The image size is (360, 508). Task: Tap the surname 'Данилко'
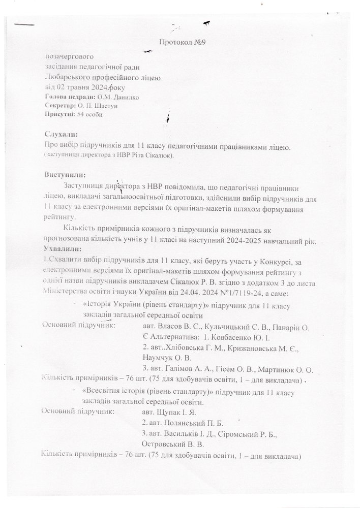click(x=125, y=97)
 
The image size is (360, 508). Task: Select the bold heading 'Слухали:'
click(x=61, y=135)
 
